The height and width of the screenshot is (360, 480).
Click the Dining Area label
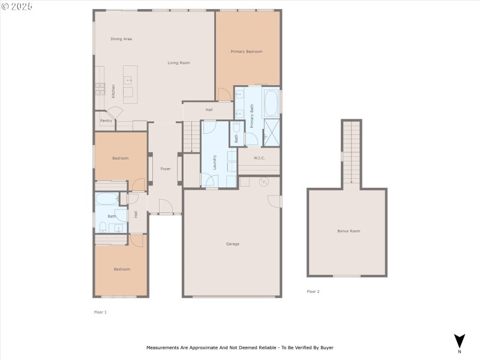pos(121,39)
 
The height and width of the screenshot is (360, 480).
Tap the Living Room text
pos(178,63)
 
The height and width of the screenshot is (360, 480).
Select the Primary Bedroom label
pos(247,52)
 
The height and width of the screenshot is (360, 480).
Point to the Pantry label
pos(106,121)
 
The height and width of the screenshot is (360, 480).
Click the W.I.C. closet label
pos(259,158)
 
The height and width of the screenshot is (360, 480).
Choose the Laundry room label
pos(214,162)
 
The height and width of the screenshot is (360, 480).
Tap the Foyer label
pos(165,169)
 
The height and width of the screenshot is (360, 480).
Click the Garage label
pos(232,244)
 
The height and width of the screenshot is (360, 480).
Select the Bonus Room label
pos(349,231)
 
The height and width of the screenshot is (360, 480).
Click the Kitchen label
pos(113,91)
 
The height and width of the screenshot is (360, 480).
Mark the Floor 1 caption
pos(100,312)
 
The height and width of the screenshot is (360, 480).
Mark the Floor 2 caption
pos(313,292)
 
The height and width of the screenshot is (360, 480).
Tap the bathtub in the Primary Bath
pos(271,103)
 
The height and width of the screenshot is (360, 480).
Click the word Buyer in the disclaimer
pos(326,347)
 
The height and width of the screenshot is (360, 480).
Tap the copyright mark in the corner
pos(5,5)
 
